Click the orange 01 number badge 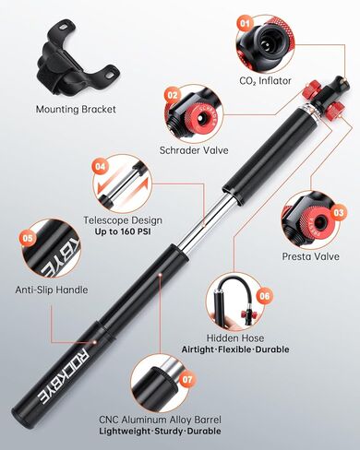(245, 23)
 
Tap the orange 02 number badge (173, 95)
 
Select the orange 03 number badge (339, 213)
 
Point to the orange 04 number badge (101, 167)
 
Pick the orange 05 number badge (28, 238)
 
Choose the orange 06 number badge (264, 296)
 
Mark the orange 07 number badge (187, 379)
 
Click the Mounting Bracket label (76, 110)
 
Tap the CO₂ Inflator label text (265, 81)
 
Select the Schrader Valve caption (194, 150)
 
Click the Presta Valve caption (311, 256)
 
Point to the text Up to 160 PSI (123, 231)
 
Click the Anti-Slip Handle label (52, 290)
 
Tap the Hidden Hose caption (235, 338)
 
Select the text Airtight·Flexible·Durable (235, 349)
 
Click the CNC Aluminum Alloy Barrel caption (160, 420)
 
